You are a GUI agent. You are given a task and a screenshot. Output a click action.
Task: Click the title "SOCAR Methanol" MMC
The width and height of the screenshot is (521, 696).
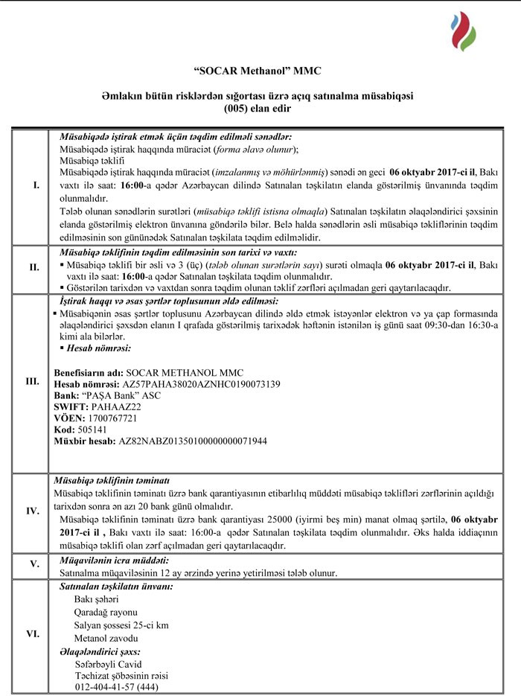(x=260, y=71)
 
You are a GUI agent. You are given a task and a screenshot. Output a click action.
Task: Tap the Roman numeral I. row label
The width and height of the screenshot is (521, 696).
(x=36, y=185)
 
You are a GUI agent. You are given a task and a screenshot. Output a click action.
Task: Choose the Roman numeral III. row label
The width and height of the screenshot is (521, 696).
(x=32, y=381)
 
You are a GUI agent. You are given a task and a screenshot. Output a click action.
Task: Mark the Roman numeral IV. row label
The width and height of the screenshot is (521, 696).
(x=33, y=511)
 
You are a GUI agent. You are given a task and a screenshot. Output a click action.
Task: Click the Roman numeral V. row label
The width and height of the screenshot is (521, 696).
(x=34, y=565)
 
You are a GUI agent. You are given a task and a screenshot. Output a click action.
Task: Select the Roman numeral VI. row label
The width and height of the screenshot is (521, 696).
(x=33, y=634)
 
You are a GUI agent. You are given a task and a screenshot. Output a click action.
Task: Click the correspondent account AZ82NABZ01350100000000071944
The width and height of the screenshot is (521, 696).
(x=192, y=441)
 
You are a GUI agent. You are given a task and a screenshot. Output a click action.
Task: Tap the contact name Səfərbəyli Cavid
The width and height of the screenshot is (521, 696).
(x=108, y=664)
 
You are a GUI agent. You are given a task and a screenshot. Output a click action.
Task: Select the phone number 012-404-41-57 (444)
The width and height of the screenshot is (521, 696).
(x=117, y=686)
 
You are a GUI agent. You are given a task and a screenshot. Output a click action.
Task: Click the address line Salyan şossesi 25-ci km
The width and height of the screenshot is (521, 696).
(x=121, y=625)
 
